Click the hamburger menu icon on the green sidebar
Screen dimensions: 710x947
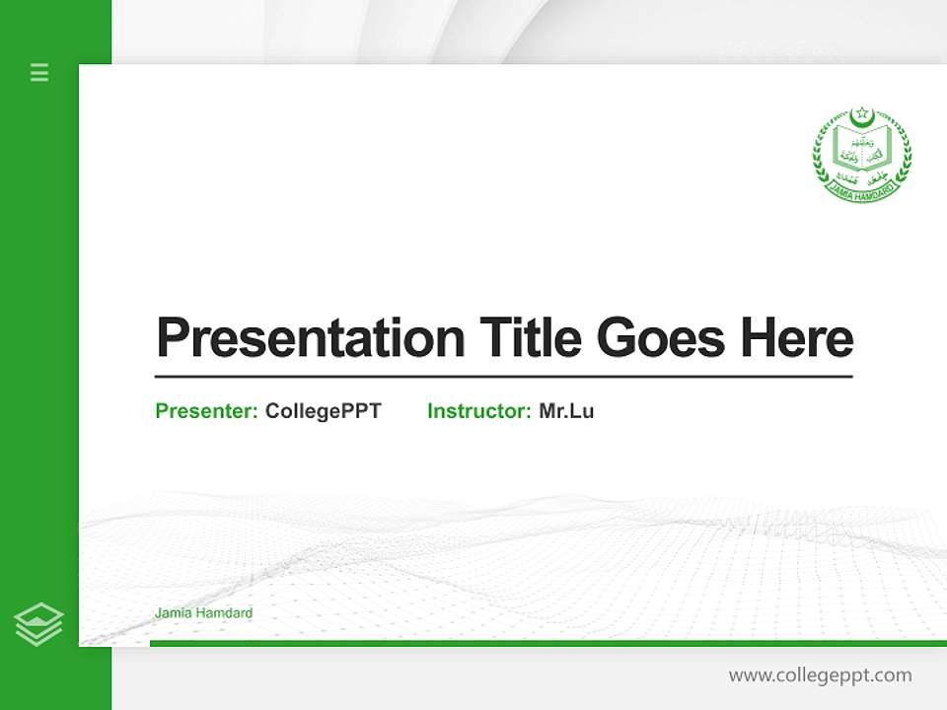click(39, 72)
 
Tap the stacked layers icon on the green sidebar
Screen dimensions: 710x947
click(38, 624)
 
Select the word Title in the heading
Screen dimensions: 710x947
click(530, 338)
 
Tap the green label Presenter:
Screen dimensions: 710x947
click(206, 411)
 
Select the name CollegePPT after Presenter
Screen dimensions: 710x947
click(323, 411)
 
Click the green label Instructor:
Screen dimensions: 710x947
click(478, 411)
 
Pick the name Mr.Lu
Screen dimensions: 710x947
click(566, 411)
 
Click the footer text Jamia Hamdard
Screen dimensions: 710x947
click(203, 613)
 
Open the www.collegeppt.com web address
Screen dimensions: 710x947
click(820, 675)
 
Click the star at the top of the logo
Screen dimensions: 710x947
click(861, 111)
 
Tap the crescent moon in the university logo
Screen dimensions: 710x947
click(862, 120)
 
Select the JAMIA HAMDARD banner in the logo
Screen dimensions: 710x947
click(862, 188)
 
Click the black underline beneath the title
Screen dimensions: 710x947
click(503, 377)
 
